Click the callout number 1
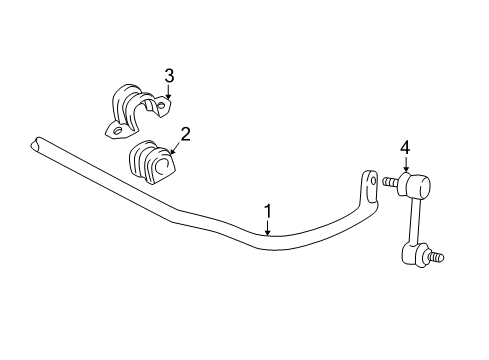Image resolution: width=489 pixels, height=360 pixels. [x=268, y=211]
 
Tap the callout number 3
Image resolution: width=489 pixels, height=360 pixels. [x=169, y=75]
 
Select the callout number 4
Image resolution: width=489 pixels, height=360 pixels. [x=405, y=149]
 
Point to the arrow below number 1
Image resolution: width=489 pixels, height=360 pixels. [x=268, y=228]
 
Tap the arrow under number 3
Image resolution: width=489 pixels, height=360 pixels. [x=167, y=92]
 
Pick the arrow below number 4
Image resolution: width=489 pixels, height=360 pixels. [x=405, y=167]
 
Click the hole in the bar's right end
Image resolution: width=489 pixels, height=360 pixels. [x=368, y=183]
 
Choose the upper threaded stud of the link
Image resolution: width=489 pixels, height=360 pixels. [x=388, y=182]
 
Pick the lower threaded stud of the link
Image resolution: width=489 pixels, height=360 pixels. [x=436, y=259]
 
